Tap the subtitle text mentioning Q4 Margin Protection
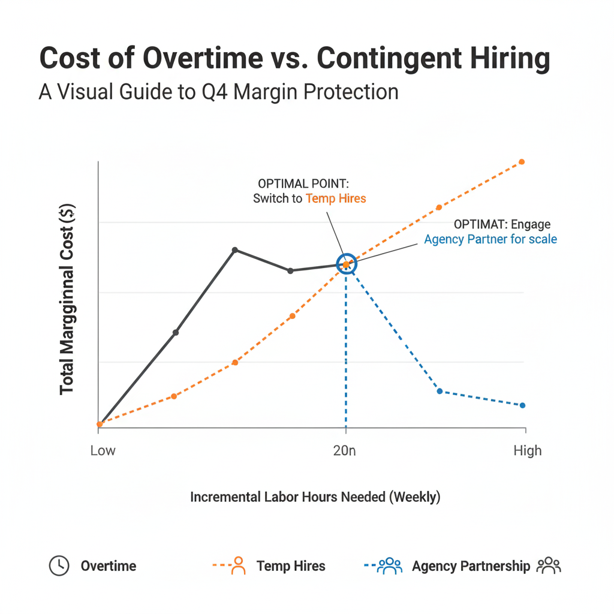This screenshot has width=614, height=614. (x=218, y=92)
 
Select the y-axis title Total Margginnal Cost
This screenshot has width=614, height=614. (x=67, y=299)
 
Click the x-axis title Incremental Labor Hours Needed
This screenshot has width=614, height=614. (x=315, y=497)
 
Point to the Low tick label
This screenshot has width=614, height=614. (x=103, y=450)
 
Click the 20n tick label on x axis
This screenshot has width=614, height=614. (x=344, y=450)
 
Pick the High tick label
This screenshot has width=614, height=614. (x=527, y=450)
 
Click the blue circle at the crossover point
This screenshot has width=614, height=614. (x=346, y=264)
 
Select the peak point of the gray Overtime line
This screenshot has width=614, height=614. (x=235, y=249)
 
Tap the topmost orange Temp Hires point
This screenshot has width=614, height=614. (x=522, y=162)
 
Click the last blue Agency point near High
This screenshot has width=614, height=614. (x=522, y=405)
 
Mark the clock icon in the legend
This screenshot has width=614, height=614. (x=59, y=565)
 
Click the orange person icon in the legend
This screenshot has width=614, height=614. (x=238, y=565)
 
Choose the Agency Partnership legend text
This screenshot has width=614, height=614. (x=471, y=566)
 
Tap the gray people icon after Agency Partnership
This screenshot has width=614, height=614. (x=548, y=565)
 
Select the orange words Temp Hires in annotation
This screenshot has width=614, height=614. (x=335, y=198)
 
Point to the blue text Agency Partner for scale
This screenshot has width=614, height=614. (x=490, y=239)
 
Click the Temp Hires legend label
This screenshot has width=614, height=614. (x=291, y=566)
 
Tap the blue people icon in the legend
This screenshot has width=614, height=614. (x=390, y=565)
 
